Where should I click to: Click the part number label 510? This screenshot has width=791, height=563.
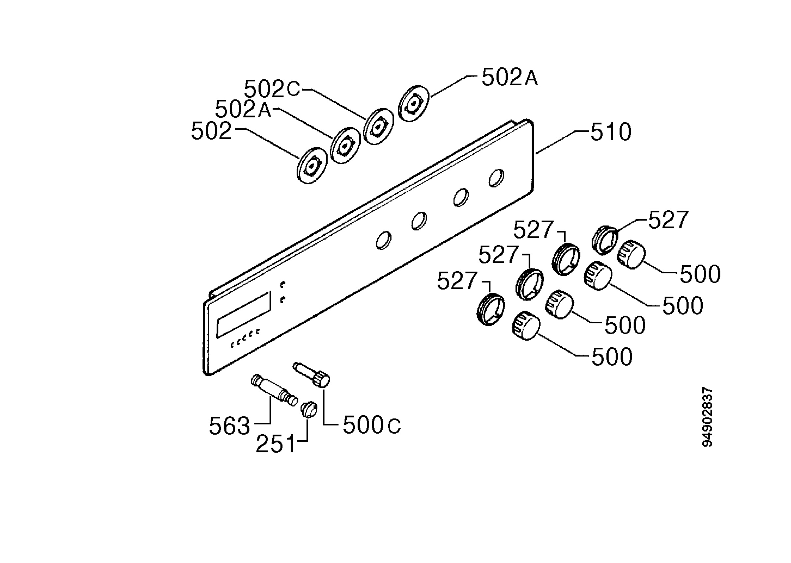coord(611,132)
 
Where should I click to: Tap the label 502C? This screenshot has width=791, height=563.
coord(272,89)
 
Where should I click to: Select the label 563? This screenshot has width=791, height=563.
coord(229,426)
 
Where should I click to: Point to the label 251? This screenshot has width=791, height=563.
coord(276,444)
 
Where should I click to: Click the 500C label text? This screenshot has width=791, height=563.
coord(371,425)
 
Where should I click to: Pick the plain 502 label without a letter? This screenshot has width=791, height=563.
coord(211,131)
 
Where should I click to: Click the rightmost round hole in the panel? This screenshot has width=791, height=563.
coord(496,178)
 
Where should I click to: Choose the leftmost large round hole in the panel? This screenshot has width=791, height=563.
coord(384,240)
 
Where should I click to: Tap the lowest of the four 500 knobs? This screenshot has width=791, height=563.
coord(526,326)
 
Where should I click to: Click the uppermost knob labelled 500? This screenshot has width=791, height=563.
coord(631,254)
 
